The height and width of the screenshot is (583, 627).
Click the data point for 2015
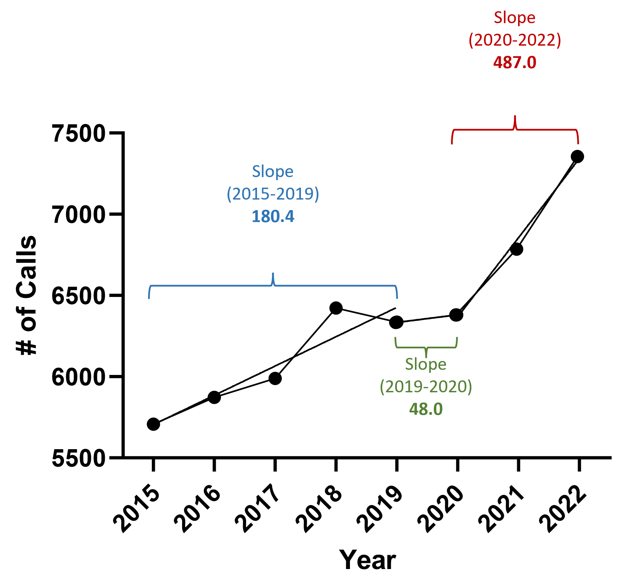(x=154, y=424)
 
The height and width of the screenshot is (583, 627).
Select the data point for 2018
(x=336, y=308)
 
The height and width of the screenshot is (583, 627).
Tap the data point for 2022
(x=578, y=157)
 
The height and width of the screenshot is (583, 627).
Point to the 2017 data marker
(x=275, y=378)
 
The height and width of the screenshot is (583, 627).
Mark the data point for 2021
(x=517, y=249)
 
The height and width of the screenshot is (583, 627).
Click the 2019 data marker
(x=396, y=322)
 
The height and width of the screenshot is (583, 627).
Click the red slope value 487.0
(x=515, y=63)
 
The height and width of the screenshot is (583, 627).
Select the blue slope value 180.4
(x=273, y=217)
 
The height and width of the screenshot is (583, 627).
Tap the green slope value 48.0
(x=426, y=409)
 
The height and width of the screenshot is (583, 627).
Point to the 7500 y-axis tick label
(x=78, y=133)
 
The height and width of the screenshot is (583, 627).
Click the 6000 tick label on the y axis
(x=78, y=377)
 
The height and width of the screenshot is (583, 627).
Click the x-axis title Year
(x=368, y=560)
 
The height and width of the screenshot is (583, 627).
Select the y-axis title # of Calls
(x=27, y=295)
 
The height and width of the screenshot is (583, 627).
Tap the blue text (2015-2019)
(x=273, y=194)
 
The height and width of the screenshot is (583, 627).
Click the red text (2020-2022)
(x=515, y=40)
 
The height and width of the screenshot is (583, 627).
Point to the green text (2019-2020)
(x=426, y=387)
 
